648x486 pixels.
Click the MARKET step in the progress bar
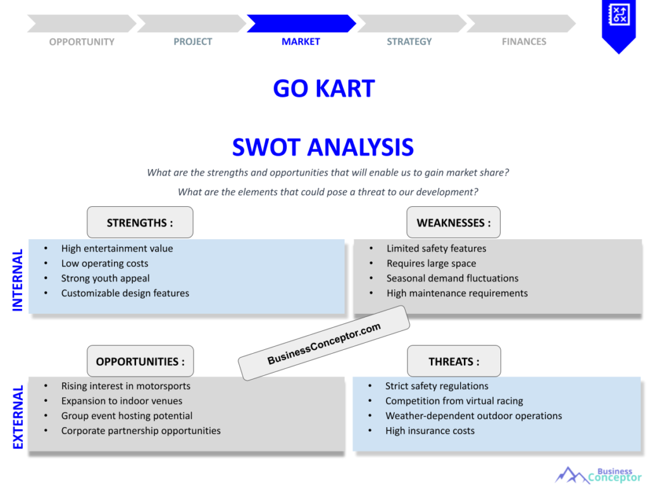[x=301, y=24]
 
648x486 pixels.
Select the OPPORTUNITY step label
[x=82, y=42]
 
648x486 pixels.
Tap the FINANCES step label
[x=524, y=42]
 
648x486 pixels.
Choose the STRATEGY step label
[x=409, y=42]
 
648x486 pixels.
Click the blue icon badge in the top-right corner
[x=618, y=24]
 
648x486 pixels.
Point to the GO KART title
[x=323, y=89]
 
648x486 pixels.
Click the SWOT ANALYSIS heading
[x=323, y=147]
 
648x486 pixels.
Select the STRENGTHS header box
[x=140, y=223]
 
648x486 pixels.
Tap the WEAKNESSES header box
[x=453, y=223]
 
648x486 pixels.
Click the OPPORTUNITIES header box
[x=140, y=361]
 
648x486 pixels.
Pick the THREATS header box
[x=454, y=361]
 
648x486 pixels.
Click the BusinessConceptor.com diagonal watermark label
[x=324, y=343]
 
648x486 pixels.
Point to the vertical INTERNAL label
[x=18, y=280]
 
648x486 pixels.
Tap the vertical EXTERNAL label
[x=18, y=417]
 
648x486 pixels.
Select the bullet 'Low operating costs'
[x=104, y=263]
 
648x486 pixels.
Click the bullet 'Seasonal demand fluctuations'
[x=452, y=278]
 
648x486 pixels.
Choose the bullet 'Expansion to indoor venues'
[x=121, y=401]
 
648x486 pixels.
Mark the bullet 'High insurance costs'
[x=430, y=431]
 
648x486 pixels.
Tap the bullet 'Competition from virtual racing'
[x=454, y=401]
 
